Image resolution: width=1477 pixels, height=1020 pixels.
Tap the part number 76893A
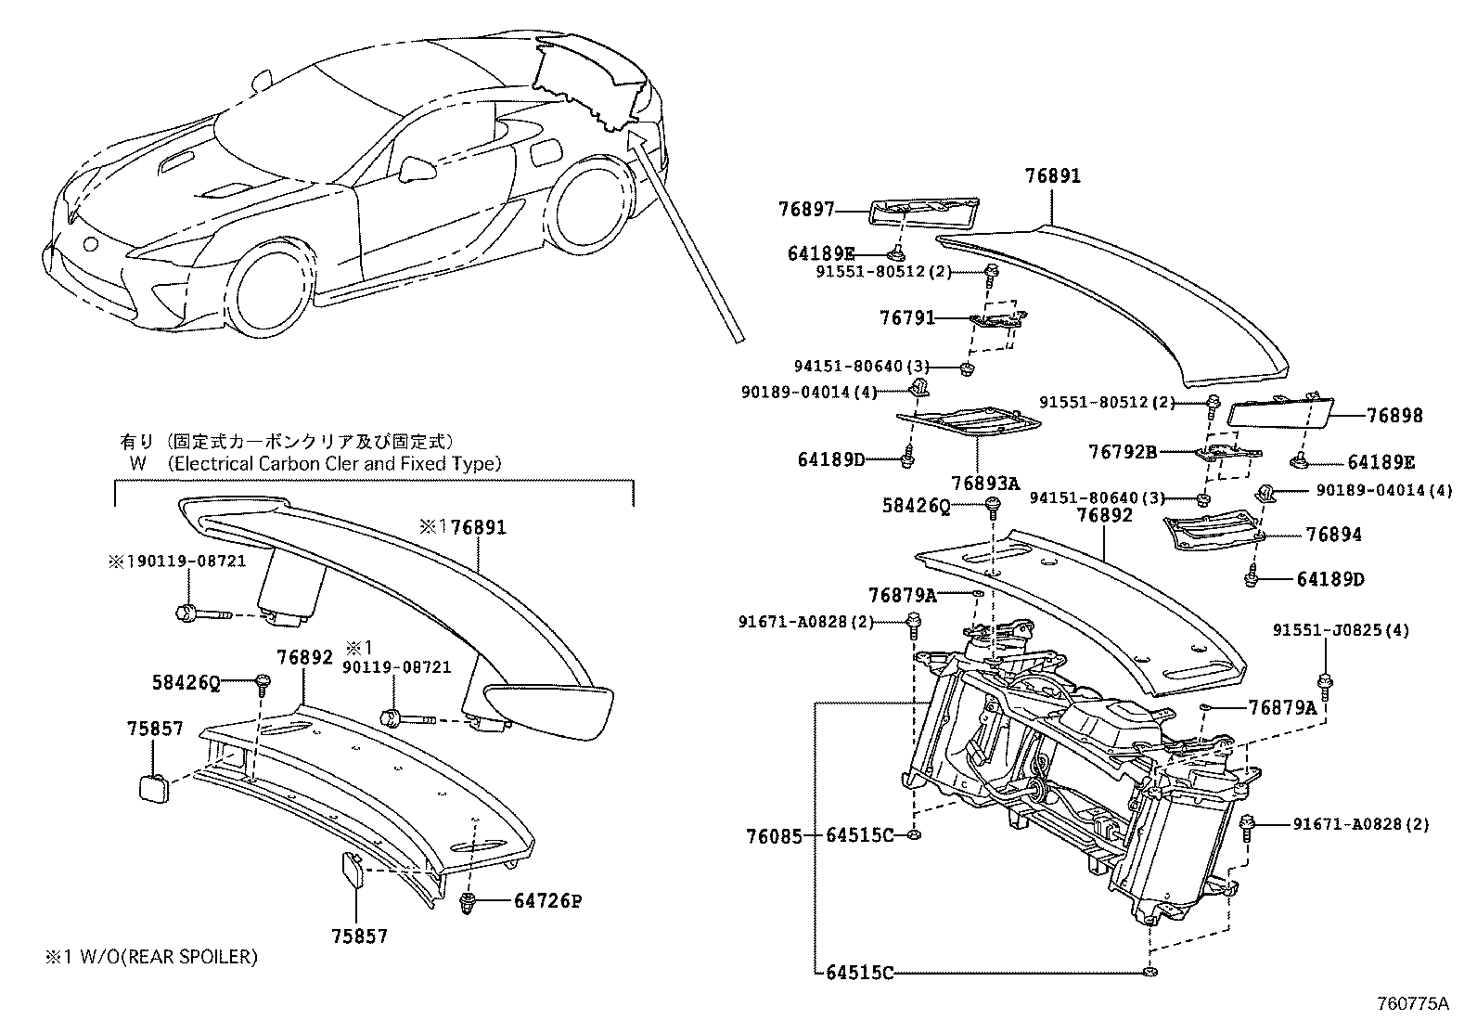click(x=984, y=483)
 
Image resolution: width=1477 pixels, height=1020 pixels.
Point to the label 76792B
click(x=1123, y=452)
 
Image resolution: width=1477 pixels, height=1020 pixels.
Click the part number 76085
click(x=774, y=835)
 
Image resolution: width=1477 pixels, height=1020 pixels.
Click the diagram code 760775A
click(x=1412, y=1003)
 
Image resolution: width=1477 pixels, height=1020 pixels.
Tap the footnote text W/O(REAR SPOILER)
click(x=161, y=956)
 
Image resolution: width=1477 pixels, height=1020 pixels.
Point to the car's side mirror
click(x=416, y=169)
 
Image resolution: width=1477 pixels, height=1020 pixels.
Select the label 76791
click(x=907, y=318)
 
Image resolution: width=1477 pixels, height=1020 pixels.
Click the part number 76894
click(x=1333, y=535)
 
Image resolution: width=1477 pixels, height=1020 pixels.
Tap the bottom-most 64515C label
click(x=859, y=973)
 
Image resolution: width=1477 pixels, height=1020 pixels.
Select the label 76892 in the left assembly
click(x=304, y=657)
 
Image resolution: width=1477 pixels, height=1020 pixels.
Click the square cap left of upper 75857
click(x=152, y=787)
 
